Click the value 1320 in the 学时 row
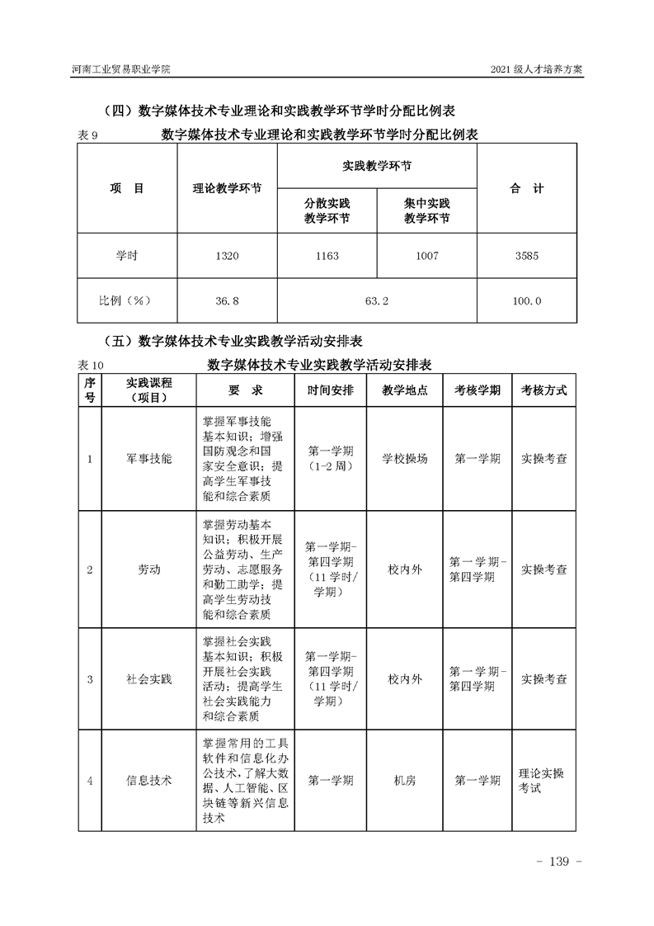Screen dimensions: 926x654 coord(227,257)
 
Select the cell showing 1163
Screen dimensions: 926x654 coord(327,257)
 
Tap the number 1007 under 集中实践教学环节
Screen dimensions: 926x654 coord(427,257)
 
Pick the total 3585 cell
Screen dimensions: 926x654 coord(526,257)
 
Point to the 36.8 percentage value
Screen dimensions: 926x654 coord(227,301)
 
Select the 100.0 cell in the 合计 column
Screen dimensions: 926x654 coord(526,301)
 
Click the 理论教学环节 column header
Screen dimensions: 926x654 coord(227,189)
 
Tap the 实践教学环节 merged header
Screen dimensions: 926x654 coord(377,166)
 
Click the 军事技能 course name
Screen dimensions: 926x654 coord(149,459)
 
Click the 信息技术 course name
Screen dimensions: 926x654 coord(149,780)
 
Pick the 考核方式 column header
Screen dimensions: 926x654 coord(543,390)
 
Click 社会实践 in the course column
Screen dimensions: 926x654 coord(149,679)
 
